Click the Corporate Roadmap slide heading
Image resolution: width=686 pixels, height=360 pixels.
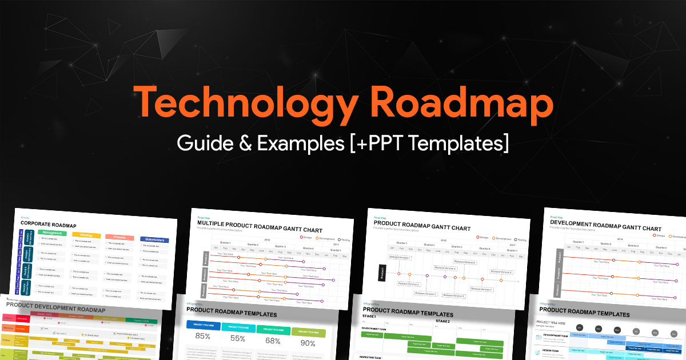click(49, 225)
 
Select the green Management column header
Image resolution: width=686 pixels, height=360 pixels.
click(53, 233)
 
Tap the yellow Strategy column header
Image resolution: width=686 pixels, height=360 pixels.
click(86, 234)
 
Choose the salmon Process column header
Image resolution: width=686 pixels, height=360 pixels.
click(119, 237)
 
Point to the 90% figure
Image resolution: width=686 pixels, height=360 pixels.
click(308, 343)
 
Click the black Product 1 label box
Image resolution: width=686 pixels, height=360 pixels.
click(381, 273)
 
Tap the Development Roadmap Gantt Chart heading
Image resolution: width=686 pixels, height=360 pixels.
click(605, 229)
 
